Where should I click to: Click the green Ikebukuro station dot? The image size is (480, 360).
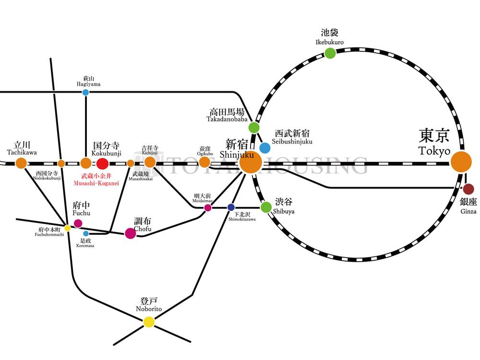pyautogui.click(x=330, y=53)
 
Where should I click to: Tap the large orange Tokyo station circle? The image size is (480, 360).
pyautogui.click(x=461, y=162)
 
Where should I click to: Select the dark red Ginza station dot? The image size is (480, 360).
pyautogui.click(x=468, y=189)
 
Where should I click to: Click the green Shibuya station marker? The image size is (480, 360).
pyautogui.click(x=266, y=207)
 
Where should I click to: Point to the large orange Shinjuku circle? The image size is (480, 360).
pyautogui.click(x=250, y=162)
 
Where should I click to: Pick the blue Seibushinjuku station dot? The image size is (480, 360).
pyautogui.click(x=264, y=147)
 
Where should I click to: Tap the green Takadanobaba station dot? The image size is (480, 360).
pyautogui.click(x=254, y=128)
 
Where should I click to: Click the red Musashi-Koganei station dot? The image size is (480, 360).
pyautogui.click(x=102, y=163)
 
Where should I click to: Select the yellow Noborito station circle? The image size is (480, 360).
pyautogui.click(x=149, y=322)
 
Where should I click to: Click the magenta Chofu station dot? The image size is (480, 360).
pyautogui.click(x=130, y=233)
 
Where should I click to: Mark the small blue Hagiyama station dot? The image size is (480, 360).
pyautogui.click(x=85, y=92)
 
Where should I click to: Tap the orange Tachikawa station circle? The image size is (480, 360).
pyautogui.click(x=21, y=163)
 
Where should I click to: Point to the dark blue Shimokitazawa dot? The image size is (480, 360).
pyautogui.click(x=231, y=207)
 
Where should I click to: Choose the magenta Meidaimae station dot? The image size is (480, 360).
pyautogui.click(x=208, y=208)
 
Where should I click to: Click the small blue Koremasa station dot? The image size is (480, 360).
pyautogui.click(x=86, y=234)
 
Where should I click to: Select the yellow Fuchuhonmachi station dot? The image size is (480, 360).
pyautogui.click(x=67, y=228)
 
